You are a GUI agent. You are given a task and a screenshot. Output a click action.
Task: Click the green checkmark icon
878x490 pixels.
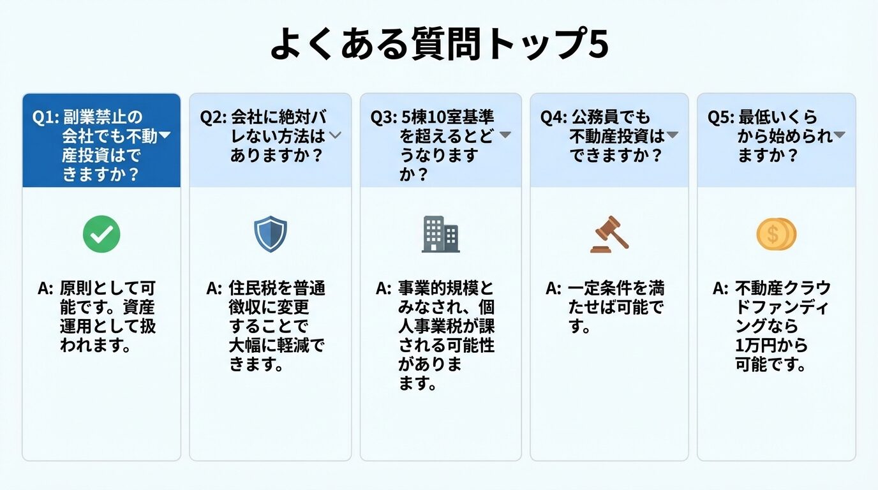click(x=101, y=235)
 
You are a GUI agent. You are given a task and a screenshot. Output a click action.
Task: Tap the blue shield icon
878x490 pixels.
click(x=271, y=234)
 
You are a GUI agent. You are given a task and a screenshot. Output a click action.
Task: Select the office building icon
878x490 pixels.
click(x=440, y=234)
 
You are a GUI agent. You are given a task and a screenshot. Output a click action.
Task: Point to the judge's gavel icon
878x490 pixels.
click(x=609, y=234)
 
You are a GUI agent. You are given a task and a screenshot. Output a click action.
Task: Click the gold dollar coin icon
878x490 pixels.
click(x=776, y=234)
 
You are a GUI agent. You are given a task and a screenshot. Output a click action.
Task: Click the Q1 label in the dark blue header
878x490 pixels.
click(x=45, y=117)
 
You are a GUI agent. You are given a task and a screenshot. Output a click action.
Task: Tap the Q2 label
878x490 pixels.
click(x=212, y=117)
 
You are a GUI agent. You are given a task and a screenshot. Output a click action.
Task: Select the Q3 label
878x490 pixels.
click(x=383, y=117)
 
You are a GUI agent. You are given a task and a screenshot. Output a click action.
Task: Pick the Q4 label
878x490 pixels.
click(x=553, y=117)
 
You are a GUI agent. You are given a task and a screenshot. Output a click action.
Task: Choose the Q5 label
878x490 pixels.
click(x=720, y=117)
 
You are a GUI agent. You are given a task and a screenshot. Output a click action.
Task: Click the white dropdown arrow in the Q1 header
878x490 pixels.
click(x=165, y=135)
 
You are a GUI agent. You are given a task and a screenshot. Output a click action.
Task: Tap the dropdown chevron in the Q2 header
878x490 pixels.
click(x=336, y=135)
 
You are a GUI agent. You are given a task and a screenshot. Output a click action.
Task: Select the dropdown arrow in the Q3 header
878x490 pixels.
click(x=505, y=135)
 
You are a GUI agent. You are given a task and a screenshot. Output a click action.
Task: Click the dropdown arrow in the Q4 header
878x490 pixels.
click(x=672, y=135)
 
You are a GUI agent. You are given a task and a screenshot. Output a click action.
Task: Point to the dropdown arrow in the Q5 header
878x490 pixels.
click(x=839, y=135)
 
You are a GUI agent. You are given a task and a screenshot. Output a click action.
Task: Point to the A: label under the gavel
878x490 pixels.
click(x=553, y=288)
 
